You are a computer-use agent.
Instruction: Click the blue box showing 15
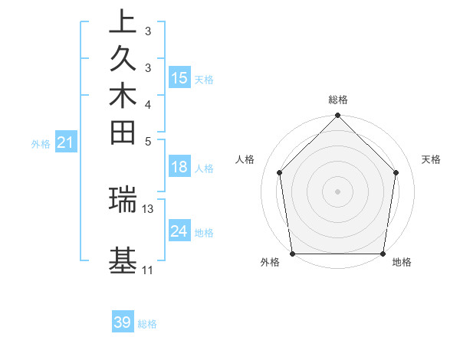pyautogui.click(x=179, y=78)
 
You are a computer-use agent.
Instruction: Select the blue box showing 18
pyautogui.click(x=179, y=168)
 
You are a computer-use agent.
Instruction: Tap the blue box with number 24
pyautogui.click(x=179, y=231)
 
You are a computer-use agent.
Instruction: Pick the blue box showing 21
pyautogui.click(x=66, y=142)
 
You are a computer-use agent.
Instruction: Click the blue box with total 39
pyautogui.click(x=123, y=322)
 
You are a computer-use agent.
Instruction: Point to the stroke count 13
pyautogui.click(x=148, y=208)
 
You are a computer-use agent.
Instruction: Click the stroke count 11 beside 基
pyautogui.click(x=148, y=270)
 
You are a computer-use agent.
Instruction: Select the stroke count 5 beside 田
pyautogui.click(x=148, y=141)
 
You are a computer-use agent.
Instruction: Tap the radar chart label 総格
pyautogui.click(x=338, y=100)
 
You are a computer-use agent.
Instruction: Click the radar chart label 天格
pyautogui.click(x=431, y=159)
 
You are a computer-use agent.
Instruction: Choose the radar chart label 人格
pyautogui.click(x=245, y=159)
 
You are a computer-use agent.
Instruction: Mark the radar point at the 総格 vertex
pyautogui.click(x=338, y=116)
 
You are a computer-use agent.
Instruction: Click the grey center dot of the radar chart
pyautogui.click(x=338, y=191)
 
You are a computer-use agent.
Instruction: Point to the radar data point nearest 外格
pyautogui.click(x=293, y=254)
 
